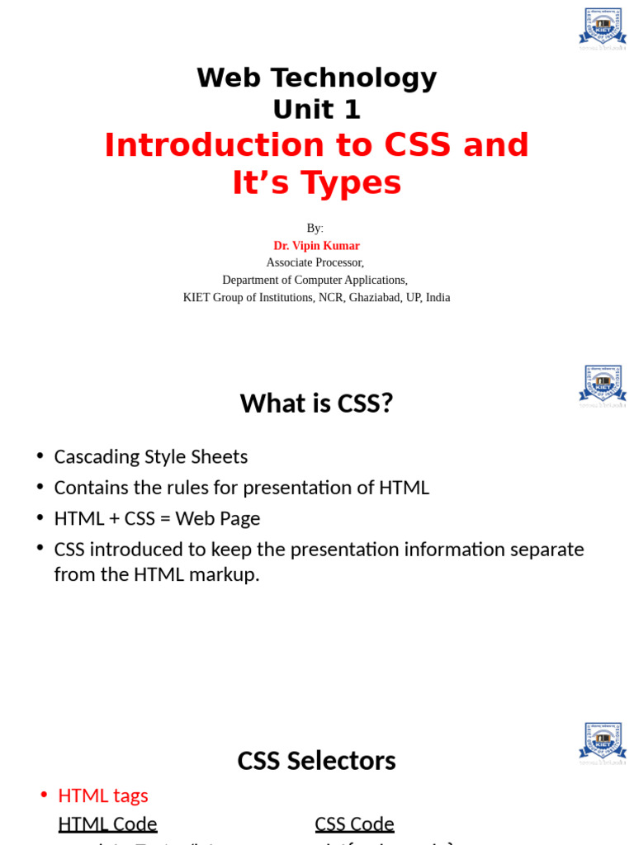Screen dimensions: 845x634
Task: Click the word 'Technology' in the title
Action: pos(362,78)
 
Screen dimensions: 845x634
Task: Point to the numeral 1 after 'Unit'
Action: pos(352,109)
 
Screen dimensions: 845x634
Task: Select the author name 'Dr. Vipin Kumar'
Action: pos(316,246)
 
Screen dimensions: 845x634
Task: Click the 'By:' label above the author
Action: pos(315,229)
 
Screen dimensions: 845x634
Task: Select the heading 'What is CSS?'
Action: pos(316,404)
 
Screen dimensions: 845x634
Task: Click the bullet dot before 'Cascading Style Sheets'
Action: pos(40,457)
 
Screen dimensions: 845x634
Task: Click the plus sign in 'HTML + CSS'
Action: pos(112,519)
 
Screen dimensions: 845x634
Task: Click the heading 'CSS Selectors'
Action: pos(316,761)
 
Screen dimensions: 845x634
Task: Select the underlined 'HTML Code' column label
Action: pos(107,824)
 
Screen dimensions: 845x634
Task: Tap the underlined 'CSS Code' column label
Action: pos(354,824)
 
